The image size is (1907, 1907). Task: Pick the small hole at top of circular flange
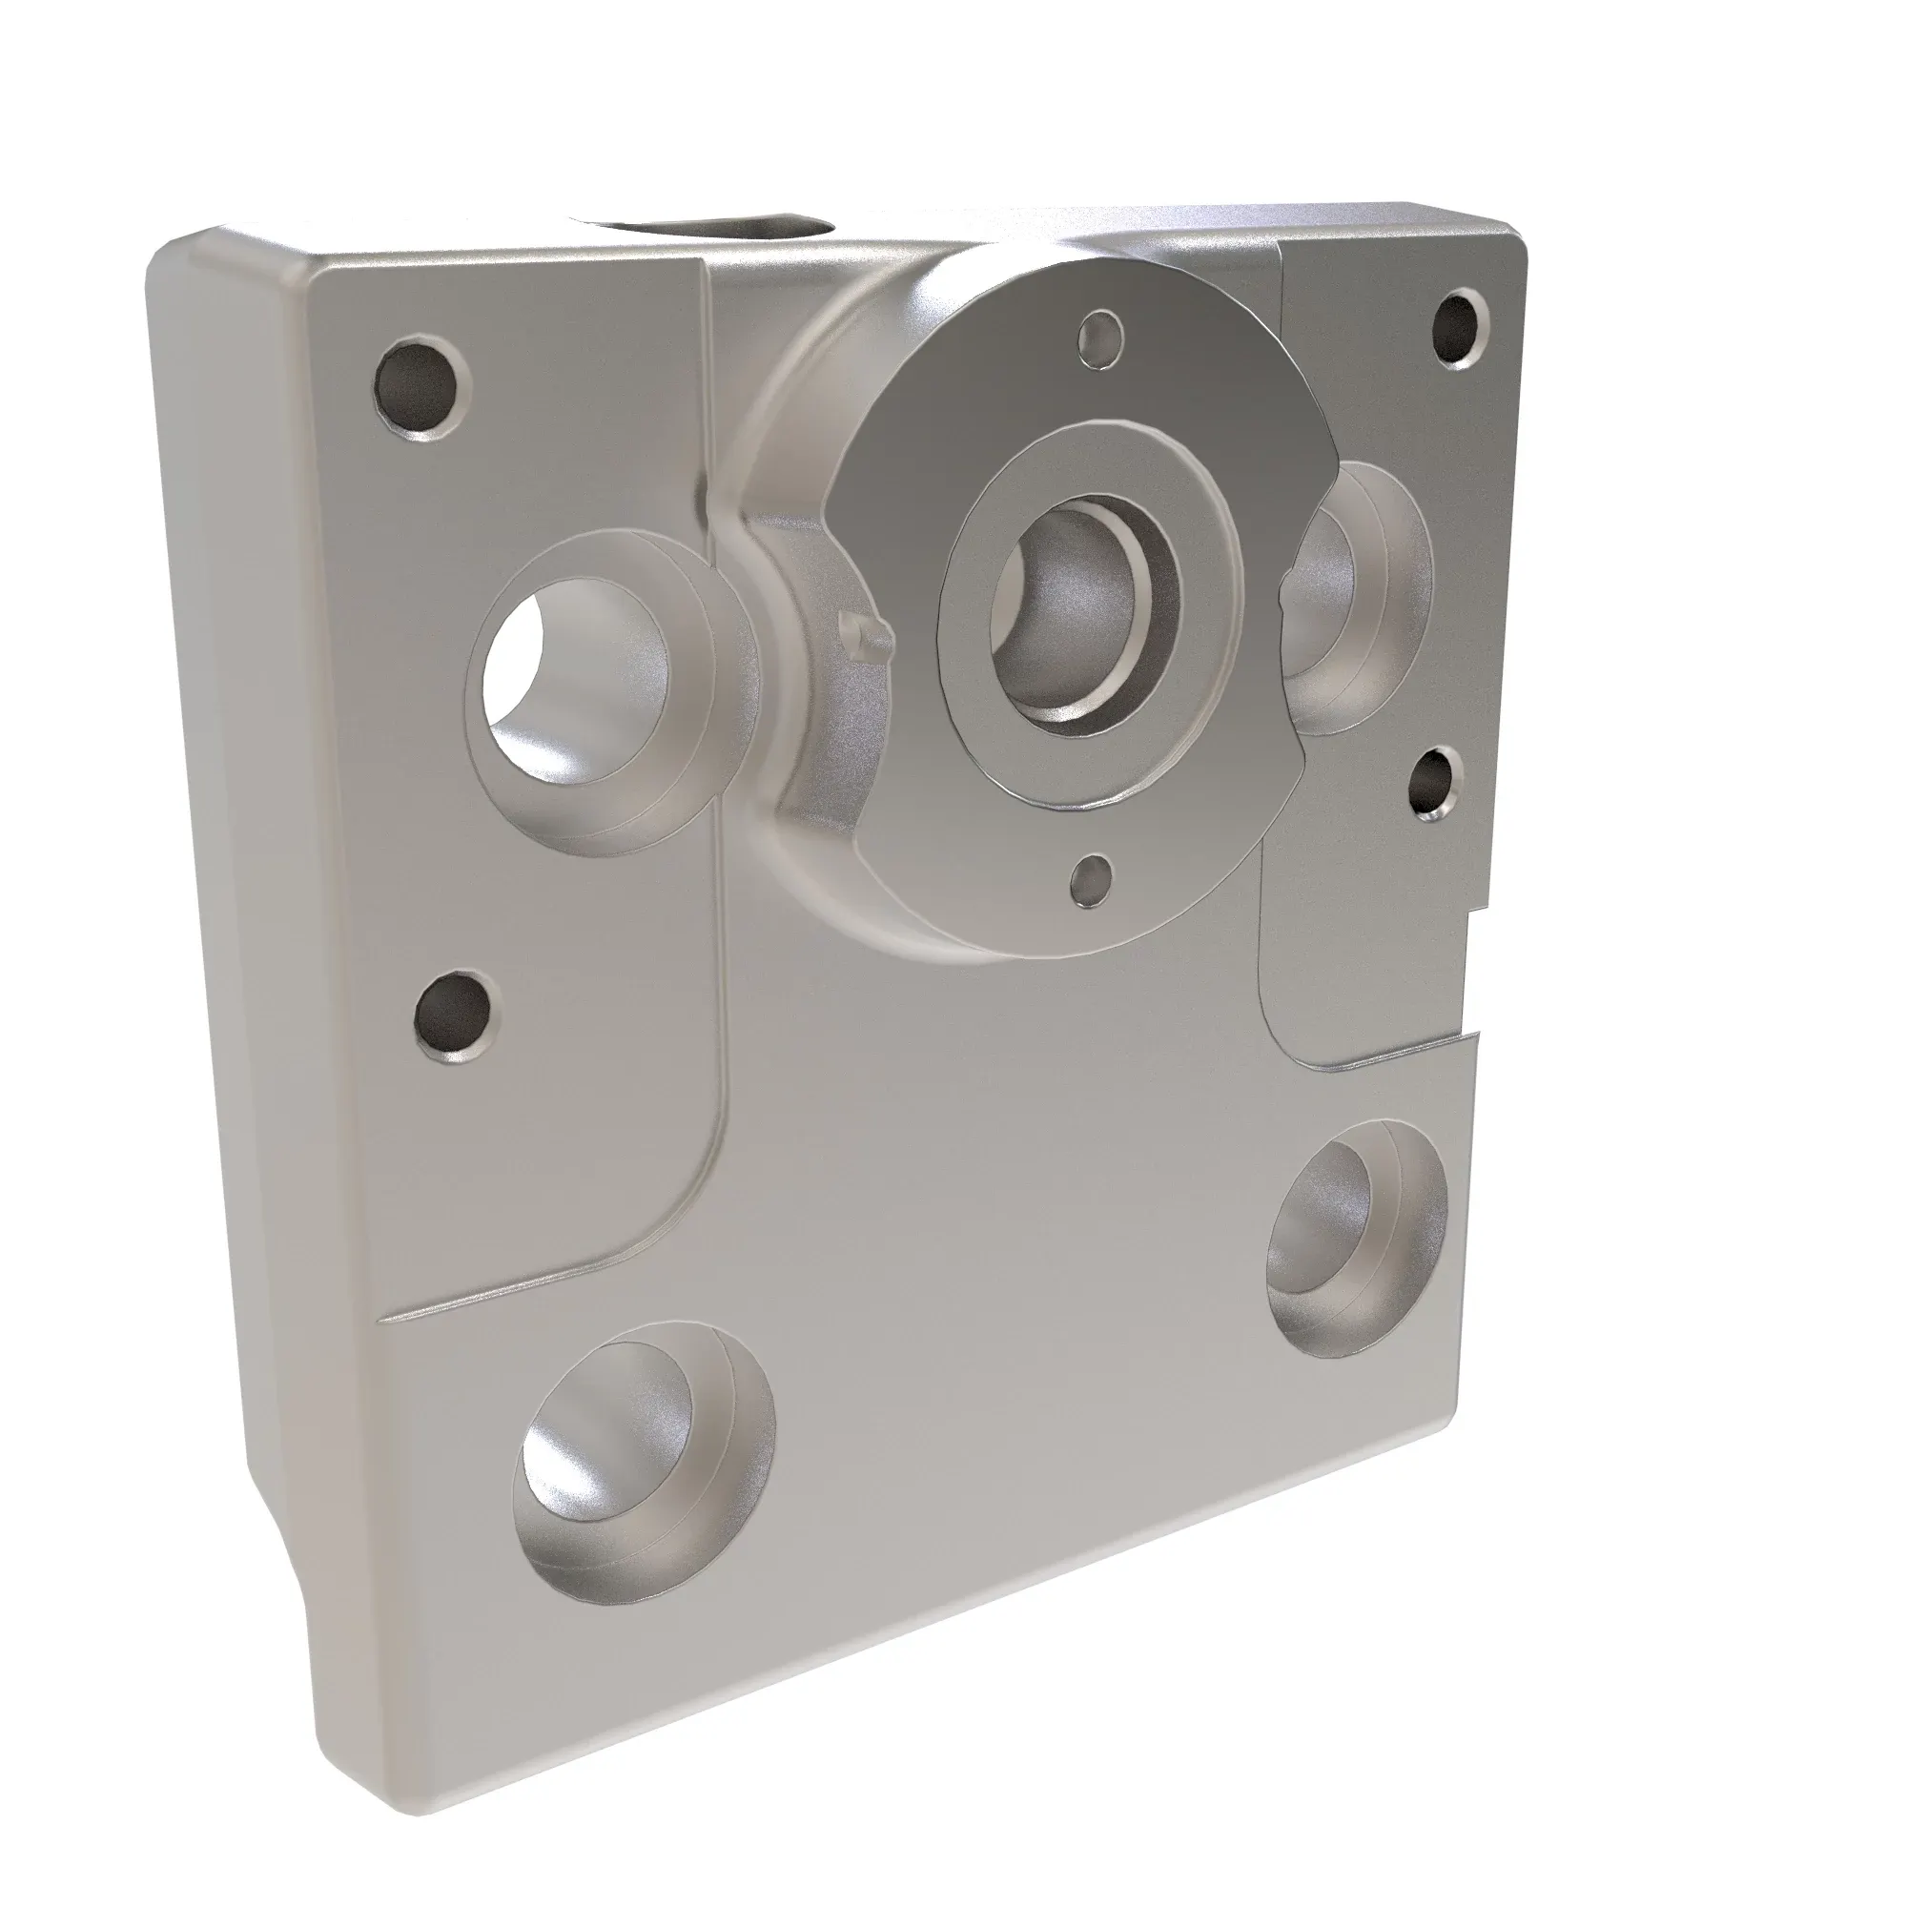click(x=1102, y=338)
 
